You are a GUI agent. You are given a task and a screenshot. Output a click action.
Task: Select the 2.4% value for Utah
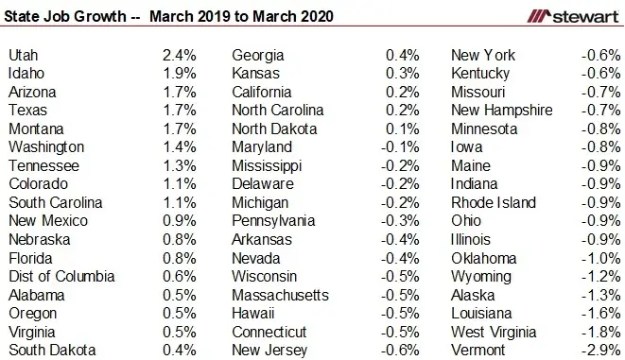(179, 55)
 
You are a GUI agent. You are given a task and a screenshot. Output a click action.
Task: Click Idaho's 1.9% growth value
(179, 74)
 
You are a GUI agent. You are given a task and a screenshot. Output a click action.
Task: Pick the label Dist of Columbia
(61, 277)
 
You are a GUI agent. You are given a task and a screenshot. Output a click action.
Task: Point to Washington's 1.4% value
(179, 147)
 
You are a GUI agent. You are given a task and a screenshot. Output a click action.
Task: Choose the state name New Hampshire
(501, 111)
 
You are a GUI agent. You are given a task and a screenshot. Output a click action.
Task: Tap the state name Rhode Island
(494, 203)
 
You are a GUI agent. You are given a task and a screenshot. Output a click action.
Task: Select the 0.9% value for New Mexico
(179, 221)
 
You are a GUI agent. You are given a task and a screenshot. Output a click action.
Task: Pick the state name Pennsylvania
(275, 221)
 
